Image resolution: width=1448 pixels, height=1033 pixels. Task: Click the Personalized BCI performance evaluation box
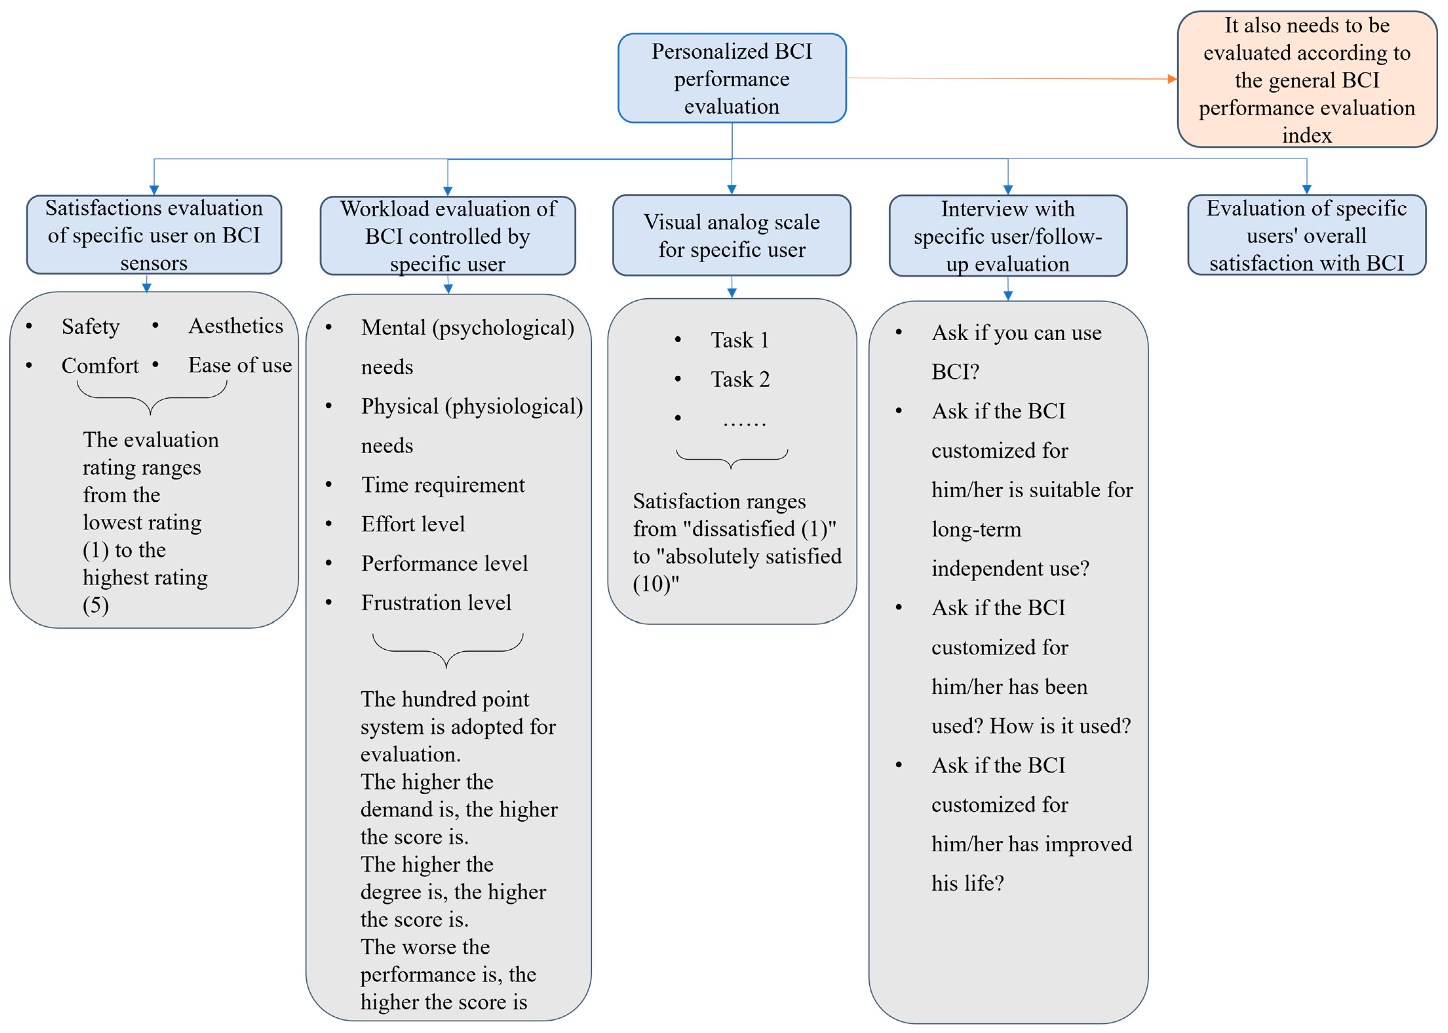(x=732, y=78)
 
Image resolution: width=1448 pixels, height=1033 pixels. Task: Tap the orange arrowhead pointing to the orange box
(x=1172, y=79)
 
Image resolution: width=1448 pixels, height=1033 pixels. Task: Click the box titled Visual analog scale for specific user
(x=732, y=235)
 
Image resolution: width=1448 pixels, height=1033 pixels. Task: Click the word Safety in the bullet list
(x=90, y=326)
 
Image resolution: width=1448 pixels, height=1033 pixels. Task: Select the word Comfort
(x=100, y=366)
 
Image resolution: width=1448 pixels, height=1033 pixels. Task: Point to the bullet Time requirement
(x=443, y=485)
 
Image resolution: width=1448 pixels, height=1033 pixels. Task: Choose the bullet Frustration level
(x=436, y=602)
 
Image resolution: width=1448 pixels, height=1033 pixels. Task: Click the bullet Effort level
(x=413, y=524)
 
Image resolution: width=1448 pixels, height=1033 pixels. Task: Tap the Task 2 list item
(x=740, y=379)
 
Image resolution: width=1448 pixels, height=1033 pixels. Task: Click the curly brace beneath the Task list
(x=732, y=458)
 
